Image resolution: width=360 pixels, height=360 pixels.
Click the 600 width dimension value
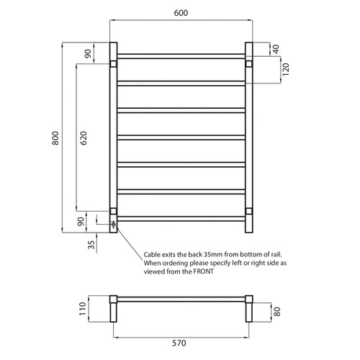coord(181,12)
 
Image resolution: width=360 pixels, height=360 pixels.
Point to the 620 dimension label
coord(84,138)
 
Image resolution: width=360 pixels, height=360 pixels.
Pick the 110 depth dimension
coord(84,310)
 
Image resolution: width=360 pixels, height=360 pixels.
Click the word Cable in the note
coord(154,255)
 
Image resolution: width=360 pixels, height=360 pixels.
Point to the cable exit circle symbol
coord(113,224)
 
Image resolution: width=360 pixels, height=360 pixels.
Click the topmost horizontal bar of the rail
coord(180,55)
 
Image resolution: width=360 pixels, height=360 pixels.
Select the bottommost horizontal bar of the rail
coord(180,219)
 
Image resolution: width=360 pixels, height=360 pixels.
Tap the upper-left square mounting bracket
coord(113,64)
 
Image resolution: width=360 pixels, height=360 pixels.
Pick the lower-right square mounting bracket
coord(248,211)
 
